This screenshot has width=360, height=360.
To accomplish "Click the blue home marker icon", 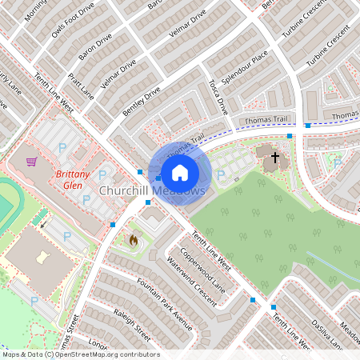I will (180, 172).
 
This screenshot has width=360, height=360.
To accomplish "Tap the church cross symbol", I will (275, 158).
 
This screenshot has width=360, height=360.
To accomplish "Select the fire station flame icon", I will (134, 238).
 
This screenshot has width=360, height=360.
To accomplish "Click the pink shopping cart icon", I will (31, 162).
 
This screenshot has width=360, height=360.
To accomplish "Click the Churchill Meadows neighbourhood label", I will (152, 191).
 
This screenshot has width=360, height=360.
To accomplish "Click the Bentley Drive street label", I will (142, 102).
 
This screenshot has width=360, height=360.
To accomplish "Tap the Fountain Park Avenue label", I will (164, 304).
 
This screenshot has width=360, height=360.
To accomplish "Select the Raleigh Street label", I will (132, 322).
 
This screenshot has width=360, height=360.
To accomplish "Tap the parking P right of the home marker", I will (220, 174).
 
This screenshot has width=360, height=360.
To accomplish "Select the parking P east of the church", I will (338, 163).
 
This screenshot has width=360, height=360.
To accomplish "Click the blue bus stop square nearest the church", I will (290, 136).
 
